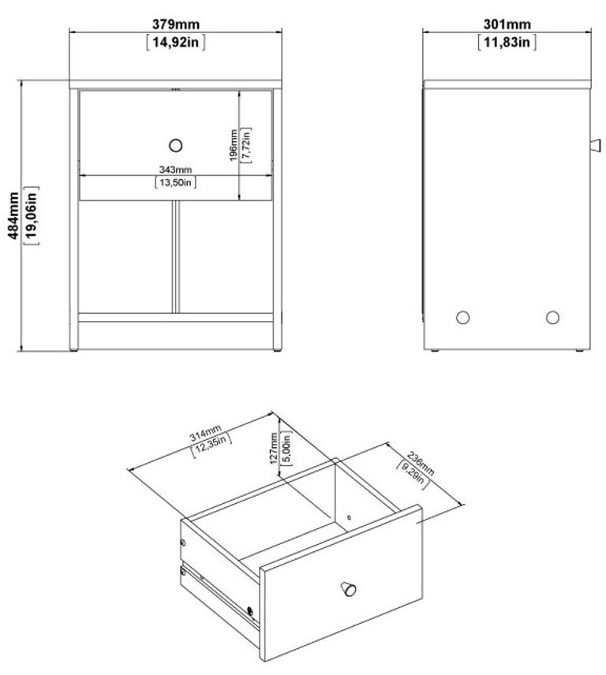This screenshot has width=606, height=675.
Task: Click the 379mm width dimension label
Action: (x=175, y=25)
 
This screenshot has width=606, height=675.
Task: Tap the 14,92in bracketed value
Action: (x=176, y=43)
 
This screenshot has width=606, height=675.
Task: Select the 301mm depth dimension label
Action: (x=507, y=25)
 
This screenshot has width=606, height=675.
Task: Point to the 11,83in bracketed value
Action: (x=507, y=43)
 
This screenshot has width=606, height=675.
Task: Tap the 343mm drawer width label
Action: (x=174, y=170)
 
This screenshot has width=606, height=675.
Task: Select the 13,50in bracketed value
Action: (x=174, y=183)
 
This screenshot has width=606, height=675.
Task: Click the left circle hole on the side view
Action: (x=463, y=317)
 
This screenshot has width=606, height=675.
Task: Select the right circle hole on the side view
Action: (x=552, y=317)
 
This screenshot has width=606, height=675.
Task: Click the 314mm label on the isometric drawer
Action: (x=204, y=436)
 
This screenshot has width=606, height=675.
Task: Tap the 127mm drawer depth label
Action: (x=274, y=449)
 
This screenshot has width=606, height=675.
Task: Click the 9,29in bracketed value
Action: (x=410, y=471)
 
